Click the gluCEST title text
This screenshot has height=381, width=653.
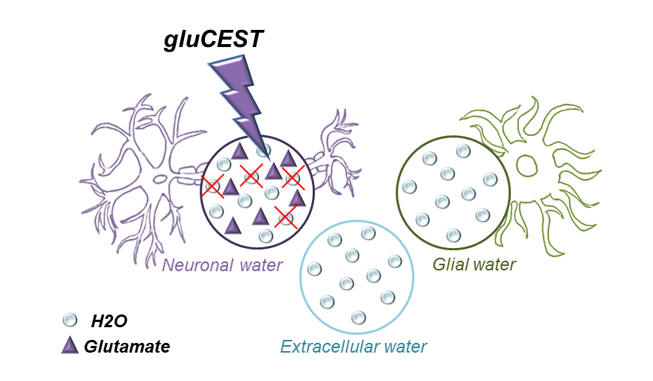pyautogui.click(x=214, y=40)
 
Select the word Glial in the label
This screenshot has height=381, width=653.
pyautogui.click(x=449, y=264)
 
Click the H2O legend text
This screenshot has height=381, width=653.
pyautogui.click(x=109, y=321)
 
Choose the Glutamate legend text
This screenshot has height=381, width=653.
pyautogui.click(x=126, y=347)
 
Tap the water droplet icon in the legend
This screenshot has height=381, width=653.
pyautogui.click(x=70, y=320)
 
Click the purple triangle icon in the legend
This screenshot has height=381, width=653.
pyautogui.click(x=70, y=345)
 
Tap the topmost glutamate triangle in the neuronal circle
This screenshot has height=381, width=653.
pyautogui.click(x=239, y=151)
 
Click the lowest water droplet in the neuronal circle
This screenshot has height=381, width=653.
pyautogui.click(x=266, y=236)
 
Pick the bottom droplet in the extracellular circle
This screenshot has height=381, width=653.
pyautogui.click(x=358, y=317)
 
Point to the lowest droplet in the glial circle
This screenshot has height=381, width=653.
pyautogui.click(x=453, y=235)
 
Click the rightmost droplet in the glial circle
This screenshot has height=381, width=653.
pyautogui.click(x=490, y=179)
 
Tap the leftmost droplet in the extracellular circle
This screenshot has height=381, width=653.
pyautogui.click(x=315, y=268)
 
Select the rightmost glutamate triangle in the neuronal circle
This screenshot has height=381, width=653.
pyautogui.click(x=297, y=198)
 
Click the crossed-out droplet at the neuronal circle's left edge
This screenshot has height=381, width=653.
pyautogui.click(x=212, y=185)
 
